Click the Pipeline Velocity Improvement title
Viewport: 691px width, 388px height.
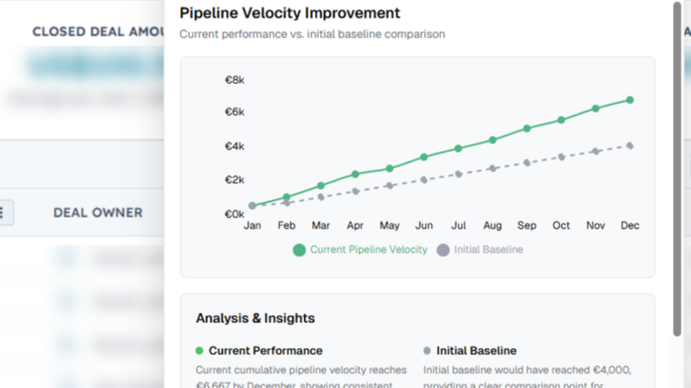tap(290, 13)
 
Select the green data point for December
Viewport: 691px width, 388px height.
tap(630, 100)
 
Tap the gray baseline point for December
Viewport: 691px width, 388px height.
tap(630, 145)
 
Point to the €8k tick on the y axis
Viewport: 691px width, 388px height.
tap(234, 80)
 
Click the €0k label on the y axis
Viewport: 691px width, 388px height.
tap(234, 214)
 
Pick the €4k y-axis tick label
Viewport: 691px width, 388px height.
tap(234, 146)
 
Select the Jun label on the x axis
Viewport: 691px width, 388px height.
tap(424, 225)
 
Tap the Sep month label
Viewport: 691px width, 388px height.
tap(527, 225)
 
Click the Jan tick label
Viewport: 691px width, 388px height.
tap(252, 225)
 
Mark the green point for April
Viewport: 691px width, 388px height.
tap(355, 175)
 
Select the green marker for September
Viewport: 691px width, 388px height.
tap(527, 129)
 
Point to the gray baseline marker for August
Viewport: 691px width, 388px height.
tap(492, 168)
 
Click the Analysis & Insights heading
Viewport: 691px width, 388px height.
tap(255, 318)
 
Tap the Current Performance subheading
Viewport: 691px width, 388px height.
tap(265, 351)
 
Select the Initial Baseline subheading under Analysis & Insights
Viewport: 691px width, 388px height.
tap(476, 351)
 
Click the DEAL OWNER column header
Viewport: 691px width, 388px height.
tap(97, 212)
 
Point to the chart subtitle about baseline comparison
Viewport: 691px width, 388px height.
tap(312, 35)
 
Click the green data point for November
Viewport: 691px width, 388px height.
tap(596, 109)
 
